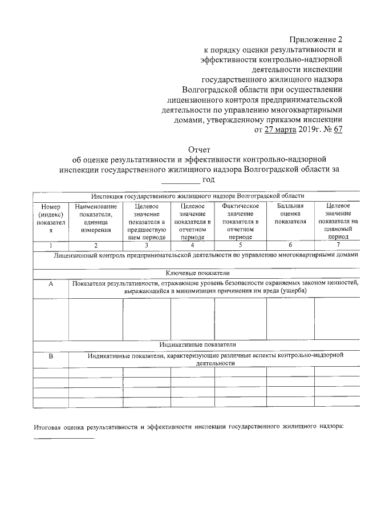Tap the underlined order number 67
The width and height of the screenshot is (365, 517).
tap(337, 130)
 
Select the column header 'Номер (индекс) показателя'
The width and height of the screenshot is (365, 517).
tap(50, 218)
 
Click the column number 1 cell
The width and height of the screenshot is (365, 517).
tap(50, 245)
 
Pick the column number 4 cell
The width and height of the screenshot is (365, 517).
tap(192, 245)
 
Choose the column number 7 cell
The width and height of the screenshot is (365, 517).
tap(338, 245)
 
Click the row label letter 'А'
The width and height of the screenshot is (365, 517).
tap(50, 283)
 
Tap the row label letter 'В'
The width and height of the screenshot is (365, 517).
tap(50, 356)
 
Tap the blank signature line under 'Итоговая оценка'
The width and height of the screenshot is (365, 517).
tap(63, 438)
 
